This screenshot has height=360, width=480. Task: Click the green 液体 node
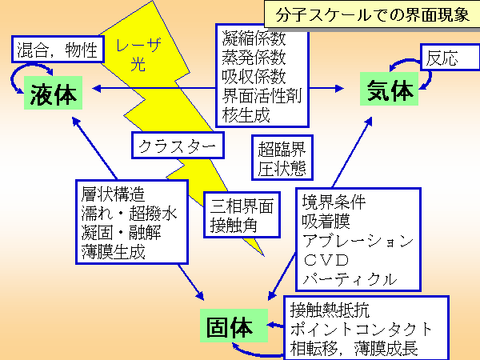54,94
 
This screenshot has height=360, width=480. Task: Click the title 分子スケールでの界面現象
370,14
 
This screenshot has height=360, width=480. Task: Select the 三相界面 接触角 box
241,214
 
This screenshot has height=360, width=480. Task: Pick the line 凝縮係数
254,38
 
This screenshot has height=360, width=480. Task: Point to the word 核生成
246,114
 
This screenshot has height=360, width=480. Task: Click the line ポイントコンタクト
361,329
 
